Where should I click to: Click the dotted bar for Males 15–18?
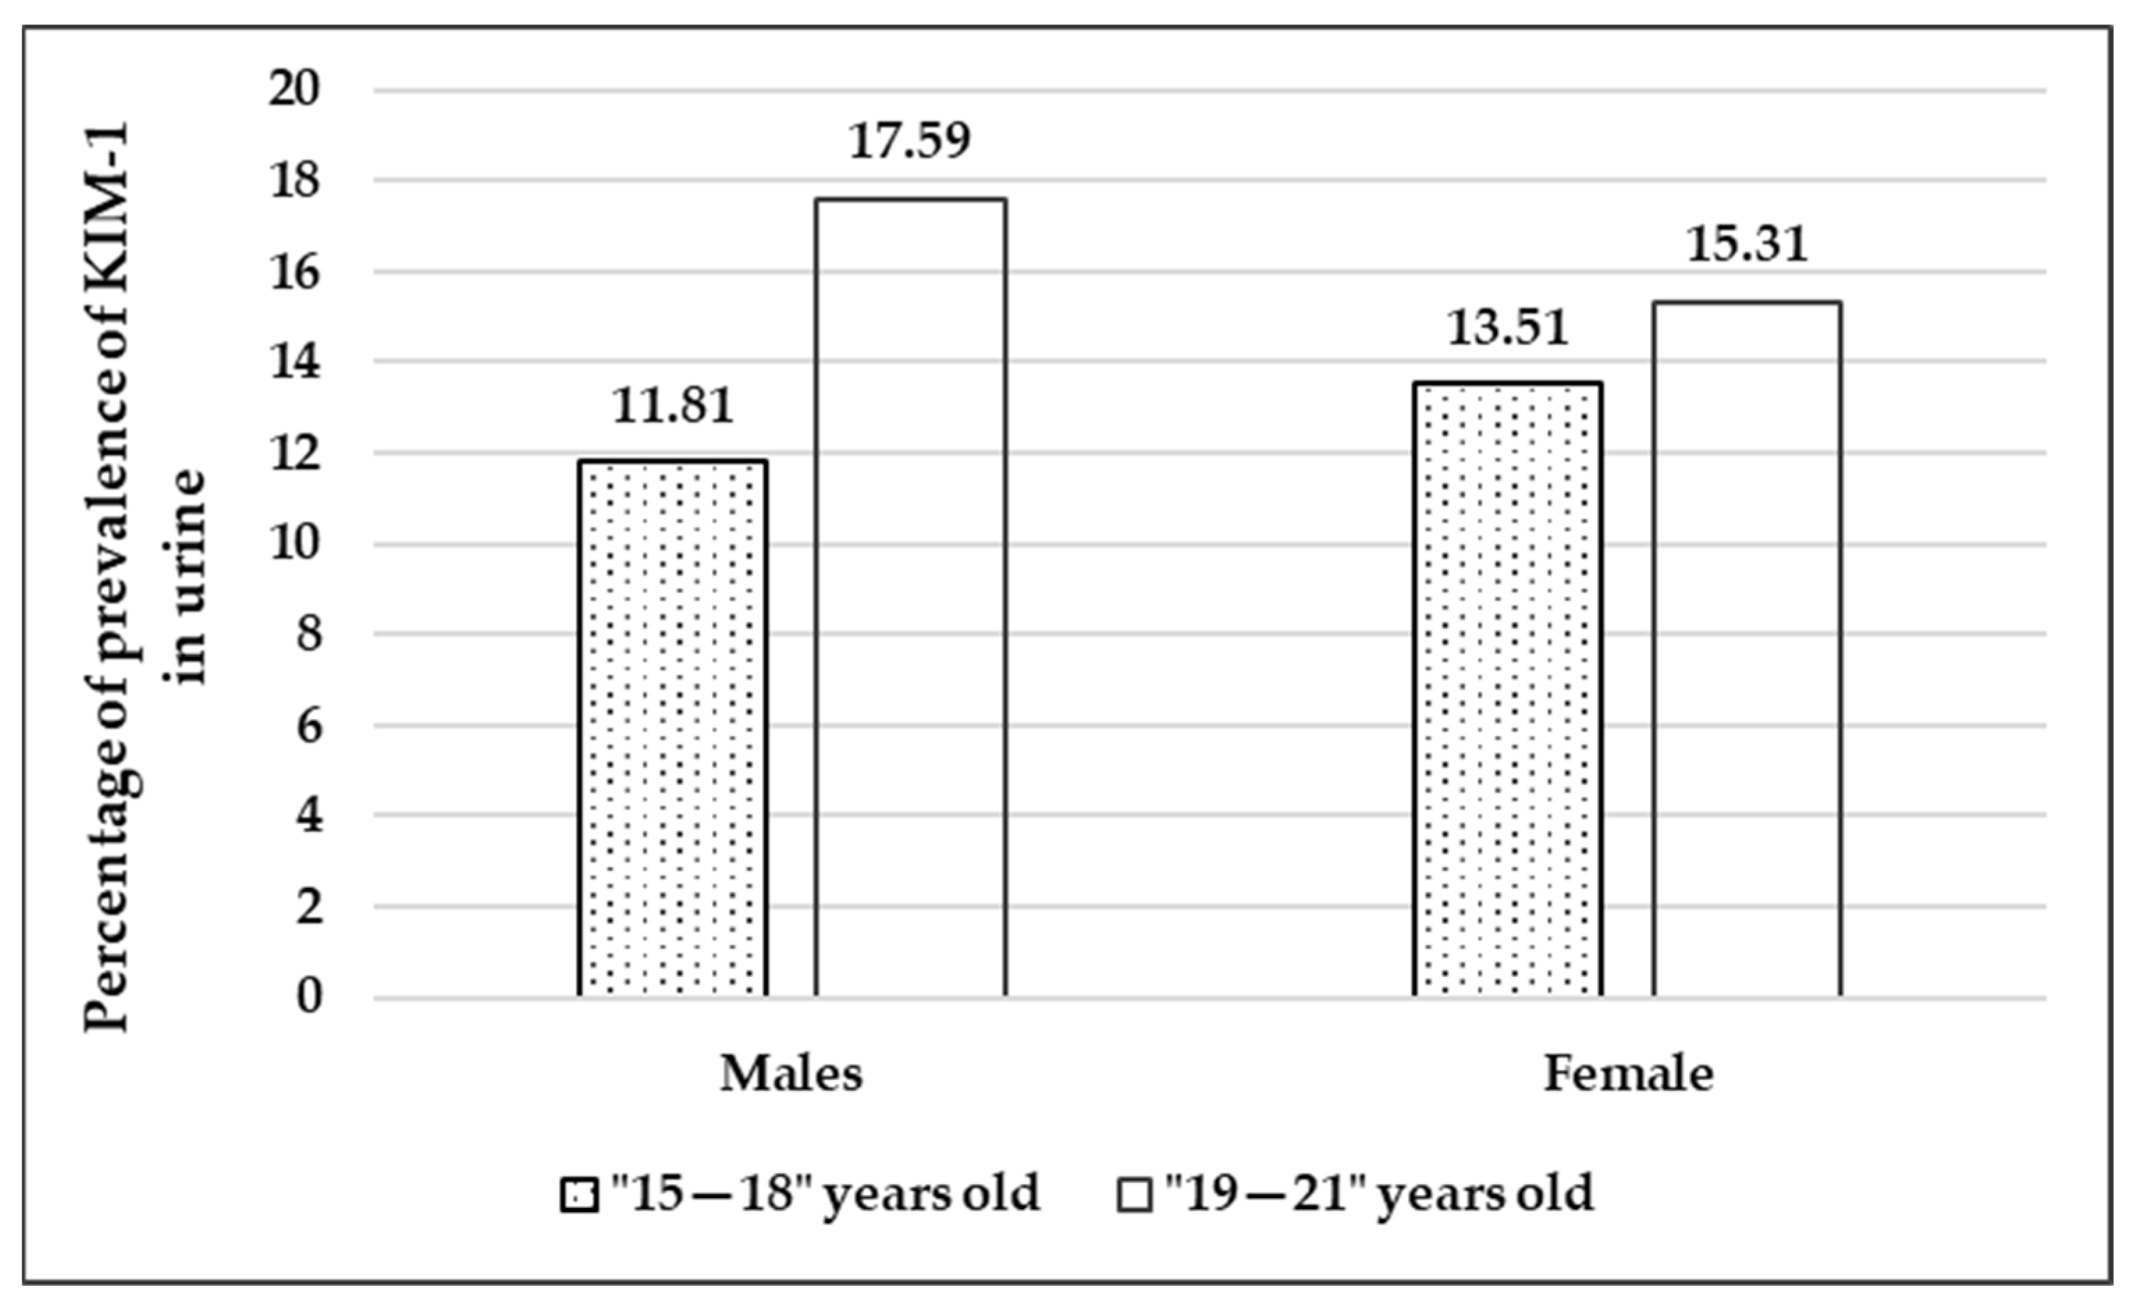672,728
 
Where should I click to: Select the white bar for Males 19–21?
910,598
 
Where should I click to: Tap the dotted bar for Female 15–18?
1507,689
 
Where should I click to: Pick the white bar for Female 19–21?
1747,650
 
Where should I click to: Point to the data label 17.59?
910,141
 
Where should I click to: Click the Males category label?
791,1074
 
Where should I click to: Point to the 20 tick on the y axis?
294,89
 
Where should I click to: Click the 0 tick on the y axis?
308,998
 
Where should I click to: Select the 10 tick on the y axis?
294,544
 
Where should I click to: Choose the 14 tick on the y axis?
294,362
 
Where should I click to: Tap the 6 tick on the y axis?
308,726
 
